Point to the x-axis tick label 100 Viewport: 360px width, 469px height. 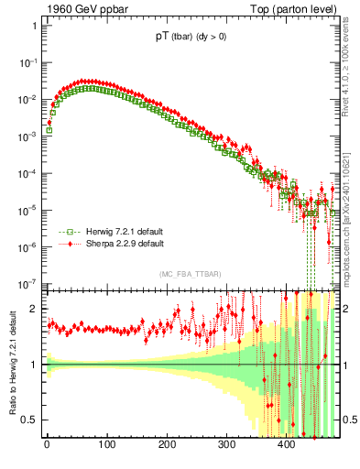click(x=107, y=446)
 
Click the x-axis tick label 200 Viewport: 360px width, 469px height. click(x=167, y=446)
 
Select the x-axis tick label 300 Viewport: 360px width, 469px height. click(x=227, y=446)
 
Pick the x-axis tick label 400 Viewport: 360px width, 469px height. click(x=287, y=446)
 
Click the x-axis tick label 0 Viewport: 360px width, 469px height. click(x=47, y=446)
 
